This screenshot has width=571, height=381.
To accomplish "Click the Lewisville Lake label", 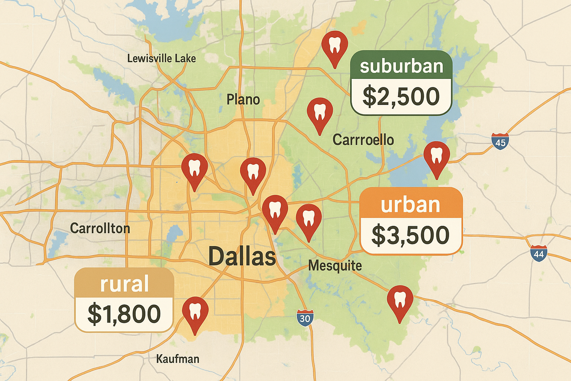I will pyautogui.click(x=161, y=58).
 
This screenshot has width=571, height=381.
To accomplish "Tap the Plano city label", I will pyautogui.click(x=243, y=100).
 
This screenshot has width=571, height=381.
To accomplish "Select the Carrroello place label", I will pyautogui.click(x=363, y=140).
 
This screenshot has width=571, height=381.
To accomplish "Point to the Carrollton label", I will pyautogui.click(x=100, y=228).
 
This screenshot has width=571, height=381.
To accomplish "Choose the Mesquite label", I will pyautogui.click(x=335, y=266).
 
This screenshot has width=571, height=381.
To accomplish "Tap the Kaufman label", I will pyautogui.click(x=178, y=359).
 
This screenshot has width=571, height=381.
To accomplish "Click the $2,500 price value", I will pyautogui.click(x=401, y=96).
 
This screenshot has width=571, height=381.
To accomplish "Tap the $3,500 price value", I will pyautogui.click(x=411, y=235).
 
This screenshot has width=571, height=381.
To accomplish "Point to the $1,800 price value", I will pyautogui.click(x=124, y=314).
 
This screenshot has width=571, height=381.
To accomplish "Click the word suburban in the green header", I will pyautogui.click(x=401, y=66).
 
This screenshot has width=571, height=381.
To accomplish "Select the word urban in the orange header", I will pyautogui.click(x=410, y=205).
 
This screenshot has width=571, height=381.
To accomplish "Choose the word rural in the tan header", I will pyautogui.click(x=125, y=284).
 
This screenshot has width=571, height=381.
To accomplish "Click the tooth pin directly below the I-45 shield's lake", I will pyautogui.click(x=437, y=156).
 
